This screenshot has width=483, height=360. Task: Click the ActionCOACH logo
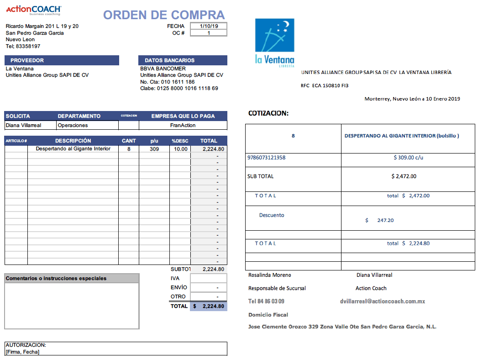(33, 10)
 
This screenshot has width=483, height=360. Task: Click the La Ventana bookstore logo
(274, 42)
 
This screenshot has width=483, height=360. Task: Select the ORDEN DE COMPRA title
(164, 15)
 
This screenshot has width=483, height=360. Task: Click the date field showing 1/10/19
(209, 26)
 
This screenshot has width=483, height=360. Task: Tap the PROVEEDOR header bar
(62, 60)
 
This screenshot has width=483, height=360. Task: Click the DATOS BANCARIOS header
(183, 60)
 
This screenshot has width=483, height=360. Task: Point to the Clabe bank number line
(179, 88)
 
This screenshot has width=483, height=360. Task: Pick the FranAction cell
(183, 125)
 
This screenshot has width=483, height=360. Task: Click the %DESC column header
(180, 141)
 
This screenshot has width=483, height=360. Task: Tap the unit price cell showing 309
(154, 149)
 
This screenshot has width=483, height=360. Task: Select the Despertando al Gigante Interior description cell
(73, 149)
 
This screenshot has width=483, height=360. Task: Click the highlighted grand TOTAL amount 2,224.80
(209, 306)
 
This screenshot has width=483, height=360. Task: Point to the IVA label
(175, 278)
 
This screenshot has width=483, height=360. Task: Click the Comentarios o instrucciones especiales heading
(56, 278)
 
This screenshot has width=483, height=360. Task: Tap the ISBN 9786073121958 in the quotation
(266, 158)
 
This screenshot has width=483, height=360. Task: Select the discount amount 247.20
(385, 220)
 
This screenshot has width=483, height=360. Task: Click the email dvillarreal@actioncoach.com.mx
(383, 302)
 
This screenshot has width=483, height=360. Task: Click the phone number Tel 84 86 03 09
(266, 302)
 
